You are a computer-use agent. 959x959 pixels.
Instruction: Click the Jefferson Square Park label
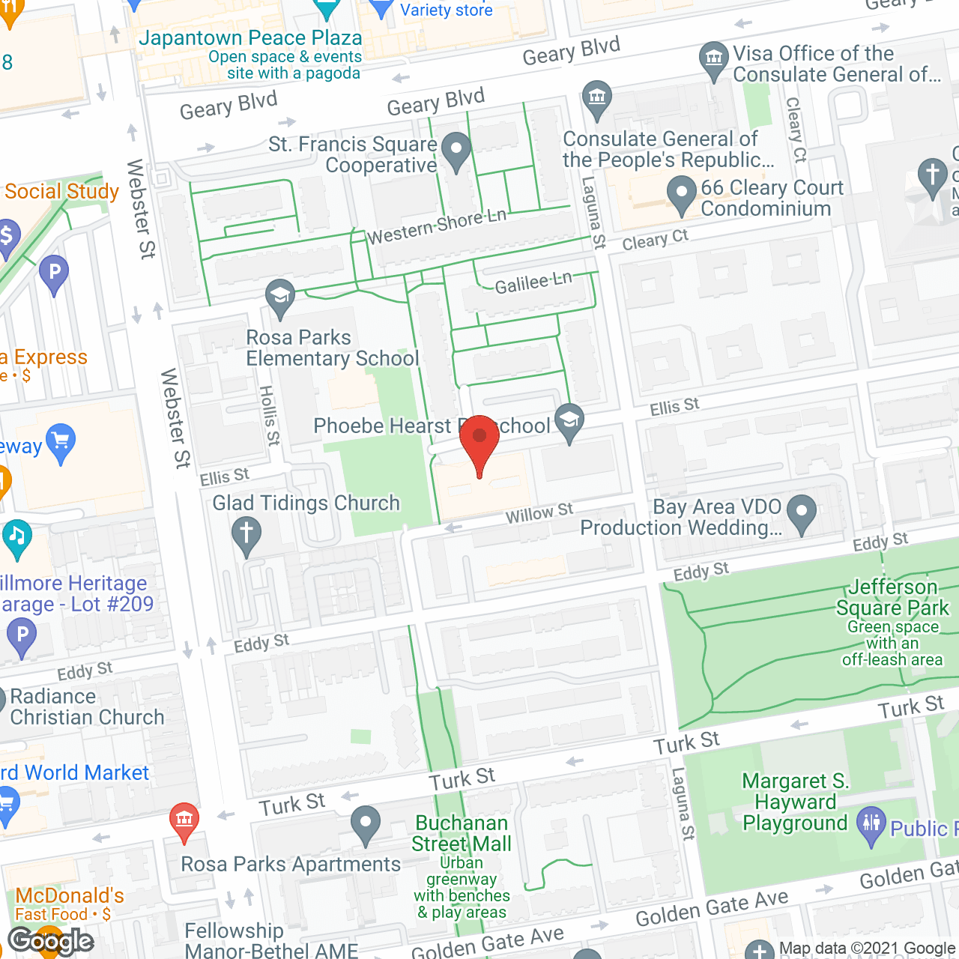tap(892, 598)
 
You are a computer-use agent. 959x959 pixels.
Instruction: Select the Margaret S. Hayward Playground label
tap(795, 802)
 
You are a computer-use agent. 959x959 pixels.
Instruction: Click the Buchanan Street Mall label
tap(462, 833)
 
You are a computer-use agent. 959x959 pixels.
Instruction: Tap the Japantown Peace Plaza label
tap(250, 38)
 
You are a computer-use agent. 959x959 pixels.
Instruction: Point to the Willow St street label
tap(539, 514)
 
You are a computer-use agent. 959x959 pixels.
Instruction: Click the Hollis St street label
tap(269, 415)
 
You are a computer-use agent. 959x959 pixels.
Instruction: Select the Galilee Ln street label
tap(533, 282)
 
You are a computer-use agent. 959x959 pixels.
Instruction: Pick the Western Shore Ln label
tap(436, 226)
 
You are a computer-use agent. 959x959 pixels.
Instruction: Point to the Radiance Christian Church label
tap(87, 707)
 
